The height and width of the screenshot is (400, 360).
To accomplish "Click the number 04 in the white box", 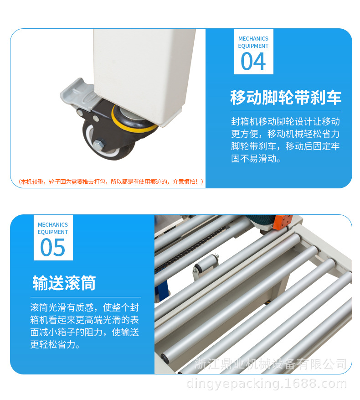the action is click(253, 61).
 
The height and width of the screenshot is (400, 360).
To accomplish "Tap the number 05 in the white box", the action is click(53, 247).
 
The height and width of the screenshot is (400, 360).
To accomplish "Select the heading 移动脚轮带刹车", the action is click(286, 98).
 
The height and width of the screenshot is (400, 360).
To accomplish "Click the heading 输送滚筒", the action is click(64, 283).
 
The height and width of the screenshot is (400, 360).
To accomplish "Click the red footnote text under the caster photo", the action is click(111, 182).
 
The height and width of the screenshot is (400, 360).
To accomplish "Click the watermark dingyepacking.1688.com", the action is click(267, 384).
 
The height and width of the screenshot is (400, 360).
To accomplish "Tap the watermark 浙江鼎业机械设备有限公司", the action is click(271, 364).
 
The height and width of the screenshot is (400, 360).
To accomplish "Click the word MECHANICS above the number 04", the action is click(253, 38).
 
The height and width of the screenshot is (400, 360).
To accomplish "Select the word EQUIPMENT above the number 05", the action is click(53, 232).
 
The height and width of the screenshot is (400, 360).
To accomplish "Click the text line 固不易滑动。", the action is click(256, 158).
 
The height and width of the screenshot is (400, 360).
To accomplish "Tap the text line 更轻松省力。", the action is click(55, 344).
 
